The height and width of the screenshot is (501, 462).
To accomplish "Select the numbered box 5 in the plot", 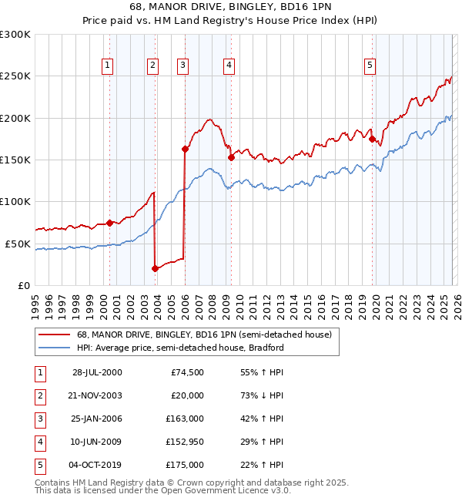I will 370,66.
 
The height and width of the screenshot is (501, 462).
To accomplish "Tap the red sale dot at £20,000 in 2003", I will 155,268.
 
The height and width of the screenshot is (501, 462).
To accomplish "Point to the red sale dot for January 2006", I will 185,149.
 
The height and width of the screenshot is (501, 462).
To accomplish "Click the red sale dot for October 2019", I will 372,140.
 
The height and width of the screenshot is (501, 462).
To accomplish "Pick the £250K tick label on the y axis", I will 15,76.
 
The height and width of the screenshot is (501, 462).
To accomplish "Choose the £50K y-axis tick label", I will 18,244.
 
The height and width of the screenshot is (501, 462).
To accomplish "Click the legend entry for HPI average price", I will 180,348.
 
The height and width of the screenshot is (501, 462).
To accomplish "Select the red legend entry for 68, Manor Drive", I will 204,335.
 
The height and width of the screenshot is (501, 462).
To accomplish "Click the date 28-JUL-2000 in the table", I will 97,372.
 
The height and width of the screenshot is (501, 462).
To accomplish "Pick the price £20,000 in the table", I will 187,395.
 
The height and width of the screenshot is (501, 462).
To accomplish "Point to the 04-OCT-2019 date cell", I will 97,465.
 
